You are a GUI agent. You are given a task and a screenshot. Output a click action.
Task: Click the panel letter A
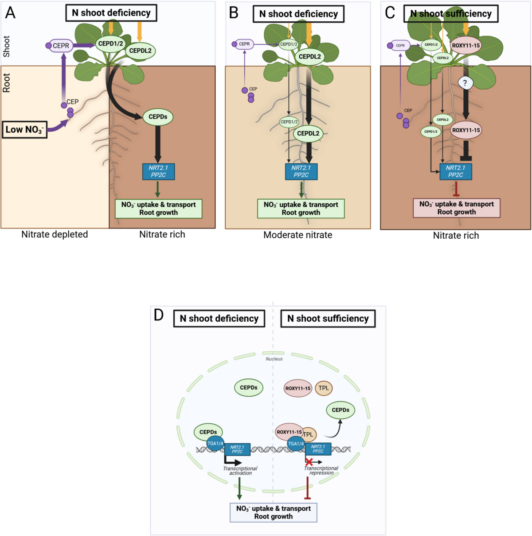pyautogui.click(x=10, y=13)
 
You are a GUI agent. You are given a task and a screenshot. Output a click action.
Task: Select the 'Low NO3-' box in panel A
pyautogui.click(x=24, y=130)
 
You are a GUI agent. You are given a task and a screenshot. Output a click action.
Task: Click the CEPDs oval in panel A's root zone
pyautogui.click(x=158, y=117)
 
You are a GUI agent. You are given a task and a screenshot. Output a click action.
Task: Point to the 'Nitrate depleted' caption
pyautogui.click(x=55, y=234)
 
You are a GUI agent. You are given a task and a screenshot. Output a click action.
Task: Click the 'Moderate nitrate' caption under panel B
pyautogui.click(x=297, y=235)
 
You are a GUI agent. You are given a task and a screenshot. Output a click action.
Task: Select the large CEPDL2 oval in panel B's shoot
pyautogui.click(x=309, y=56)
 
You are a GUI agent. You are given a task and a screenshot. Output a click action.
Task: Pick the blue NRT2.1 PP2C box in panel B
pyautogui.click(x=301, y=171)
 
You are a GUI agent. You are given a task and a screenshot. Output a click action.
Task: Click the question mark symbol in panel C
pyautogui.click(x=465, y=83)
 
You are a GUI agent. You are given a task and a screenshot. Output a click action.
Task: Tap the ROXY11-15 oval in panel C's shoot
pyautogui.click(x=465, y=45)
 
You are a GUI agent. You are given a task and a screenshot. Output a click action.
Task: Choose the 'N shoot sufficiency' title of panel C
pyautogui.click(x=450, y=14)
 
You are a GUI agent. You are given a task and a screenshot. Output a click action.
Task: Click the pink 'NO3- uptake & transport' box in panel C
pyautogui.click(x=456, y=208)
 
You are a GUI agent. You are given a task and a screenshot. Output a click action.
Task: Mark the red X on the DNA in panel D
pyautogui.click(x=309, y=462)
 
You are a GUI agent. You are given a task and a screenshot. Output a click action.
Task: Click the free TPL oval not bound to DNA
pyautogui.click(x=324, y=388)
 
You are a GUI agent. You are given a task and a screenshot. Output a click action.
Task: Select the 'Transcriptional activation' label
pyautogui.click(x=240, y=471)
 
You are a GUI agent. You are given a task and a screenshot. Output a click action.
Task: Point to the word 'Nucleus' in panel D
pyautogui.click(x=274, y=359)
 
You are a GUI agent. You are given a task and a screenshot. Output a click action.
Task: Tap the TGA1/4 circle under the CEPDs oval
pyautogui.click(x=215, y=443)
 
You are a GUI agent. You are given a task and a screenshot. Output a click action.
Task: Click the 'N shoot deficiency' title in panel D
pyautogui.click(x=219, y=319)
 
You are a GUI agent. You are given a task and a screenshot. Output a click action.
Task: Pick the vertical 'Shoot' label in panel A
pyautogui.click(x=7, y=46)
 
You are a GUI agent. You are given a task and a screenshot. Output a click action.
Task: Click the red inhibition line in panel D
pyautogui.click(x=308, y=488)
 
